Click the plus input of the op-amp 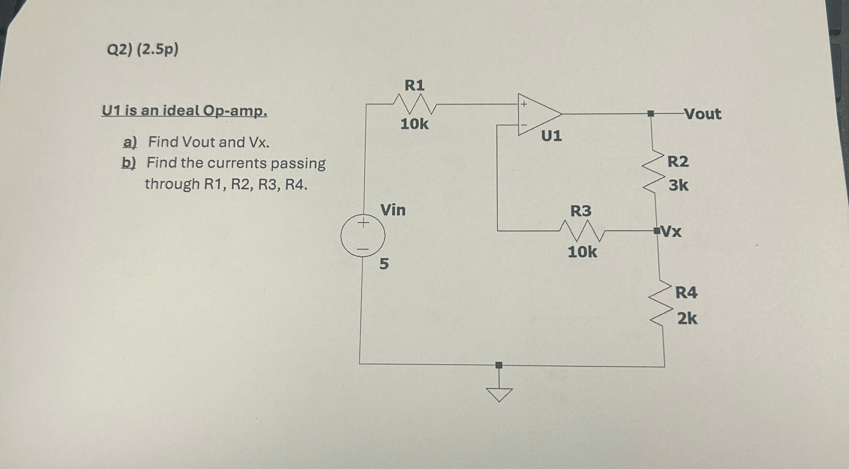pyautogui.click(x=524, y=104)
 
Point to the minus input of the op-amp pyautogui.click(x=524, y=125)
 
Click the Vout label pyautogui.click(x=703, y=114)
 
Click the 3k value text pyautogui.click(x=678, y=185)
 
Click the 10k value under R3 pyautogui.click(x=582, y=252)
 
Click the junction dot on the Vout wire pyautogui.click(x=650, y=114)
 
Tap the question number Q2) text pyautogui.click(x=120, y=50)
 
